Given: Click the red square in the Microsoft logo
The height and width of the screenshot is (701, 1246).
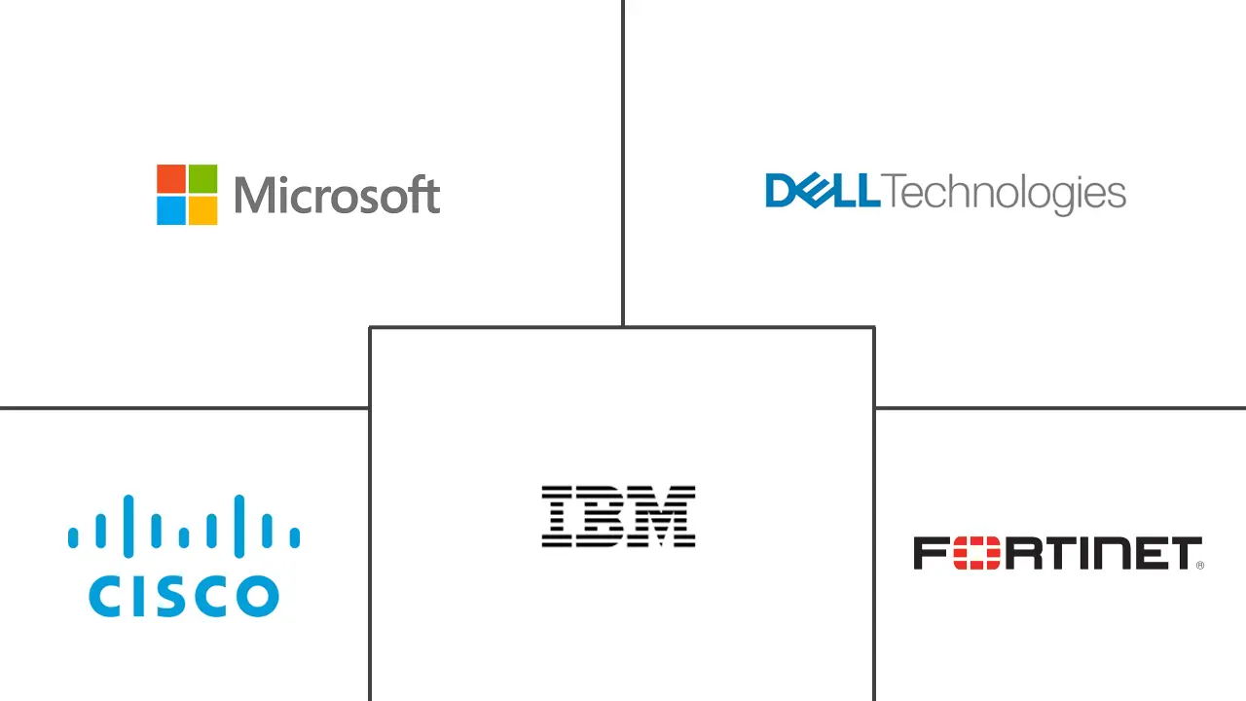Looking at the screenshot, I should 171,179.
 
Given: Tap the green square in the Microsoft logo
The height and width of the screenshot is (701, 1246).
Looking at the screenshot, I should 202,179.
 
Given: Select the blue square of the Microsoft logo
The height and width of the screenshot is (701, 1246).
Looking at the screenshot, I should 171,210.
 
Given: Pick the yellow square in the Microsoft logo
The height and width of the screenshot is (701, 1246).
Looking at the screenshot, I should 202,210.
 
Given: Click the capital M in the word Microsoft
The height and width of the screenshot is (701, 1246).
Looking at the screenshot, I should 253,195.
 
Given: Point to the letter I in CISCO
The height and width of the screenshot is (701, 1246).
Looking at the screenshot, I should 143,596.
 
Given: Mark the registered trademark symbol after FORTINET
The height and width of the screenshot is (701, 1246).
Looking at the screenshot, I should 1199,565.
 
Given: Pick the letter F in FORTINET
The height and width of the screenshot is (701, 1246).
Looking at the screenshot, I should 931,553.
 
